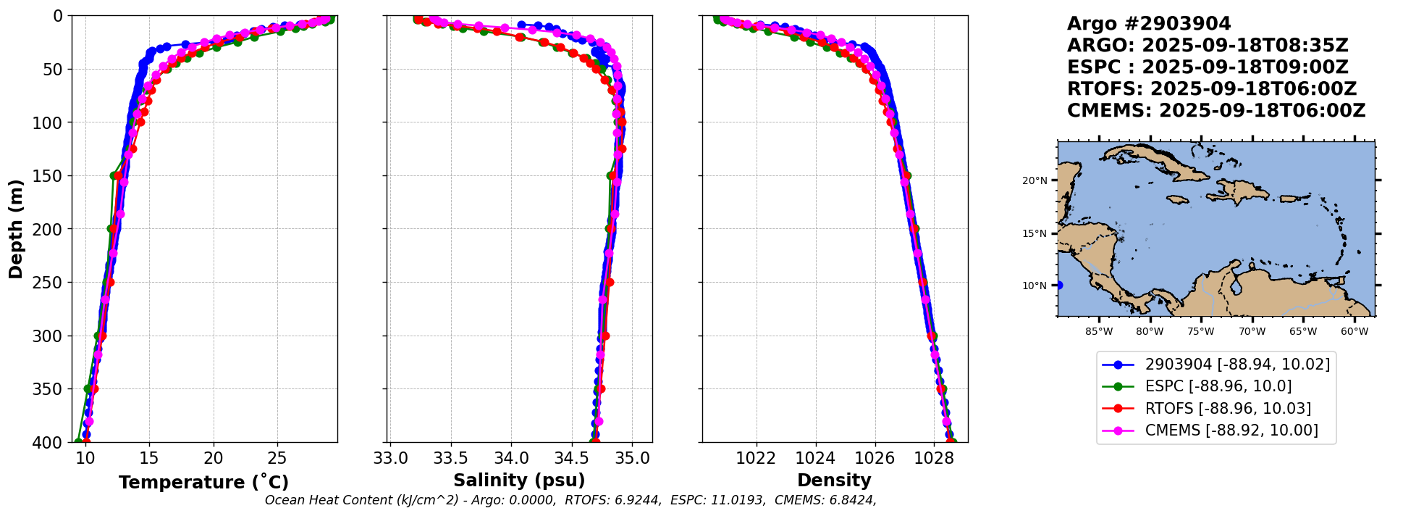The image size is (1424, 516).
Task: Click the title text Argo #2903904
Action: pyautogui.click(x=1149, y=24)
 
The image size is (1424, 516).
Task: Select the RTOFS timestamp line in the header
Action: pyautogui.click(x=1211, y=89)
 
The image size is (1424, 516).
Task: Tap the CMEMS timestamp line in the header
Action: pyautogui.click(x=1216, y=111)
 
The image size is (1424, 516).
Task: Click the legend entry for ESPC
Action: pyautogui.click(x=1218, y=386)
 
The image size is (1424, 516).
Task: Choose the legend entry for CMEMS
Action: pyautogui.click(x=1231, y=430)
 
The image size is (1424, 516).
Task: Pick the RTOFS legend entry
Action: pyautogui.click(x=1228, y=409)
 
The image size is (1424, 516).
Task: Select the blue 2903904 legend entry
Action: pyautogui.click(x=1237, y=365)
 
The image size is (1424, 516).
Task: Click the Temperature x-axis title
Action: pyautogui.click(x=203, y=483)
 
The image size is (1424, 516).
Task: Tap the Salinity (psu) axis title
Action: pyautogui.click(x=519, y=480)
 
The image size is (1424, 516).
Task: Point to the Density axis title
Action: pyautogui.click(x=834, y=480)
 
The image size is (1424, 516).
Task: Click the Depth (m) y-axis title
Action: pyautogui.click(x=15, y=229)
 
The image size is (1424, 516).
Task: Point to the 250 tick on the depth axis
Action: pyautogui.click(x=51, y=283)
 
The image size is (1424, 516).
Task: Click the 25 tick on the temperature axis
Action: pyautogui.click(x=277, y=458)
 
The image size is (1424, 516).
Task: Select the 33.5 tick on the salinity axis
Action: pyautogui.click(x=450, y=458)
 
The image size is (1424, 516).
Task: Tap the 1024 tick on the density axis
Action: pyautogui.click(x=815, y=458)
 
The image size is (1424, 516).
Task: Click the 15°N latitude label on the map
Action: pyautogui.click(x=1035, y=233)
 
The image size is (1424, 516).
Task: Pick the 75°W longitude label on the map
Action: pyautogui.click(x=1200, y=332)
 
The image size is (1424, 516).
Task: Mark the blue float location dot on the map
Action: pyautogui.click(x=1058, y=285)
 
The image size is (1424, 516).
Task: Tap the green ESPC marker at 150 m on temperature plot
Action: pyautogui.click(x=114, y=175)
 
